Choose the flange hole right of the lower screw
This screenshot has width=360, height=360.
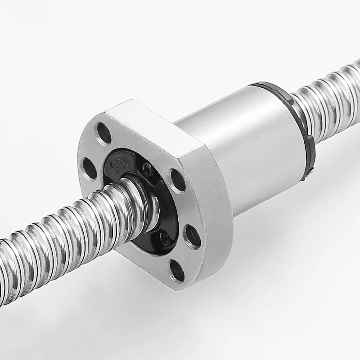point(192,236)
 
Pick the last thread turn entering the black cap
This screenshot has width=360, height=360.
point(144,198)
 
